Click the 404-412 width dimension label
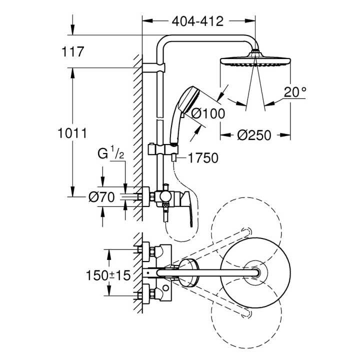click(197, 21)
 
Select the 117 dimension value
click(72, 51)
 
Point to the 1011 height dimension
click(73, 133)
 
